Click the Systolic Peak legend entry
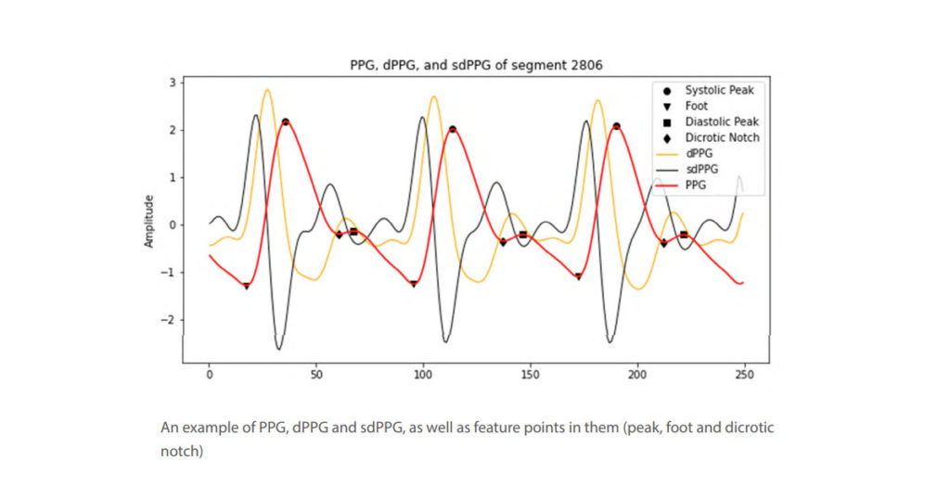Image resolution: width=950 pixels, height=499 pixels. click(x=719, y=90)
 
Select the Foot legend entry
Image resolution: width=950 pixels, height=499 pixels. click(x=696, y=106)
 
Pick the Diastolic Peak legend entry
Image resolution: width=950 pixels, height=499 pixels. click(x=721, y=122)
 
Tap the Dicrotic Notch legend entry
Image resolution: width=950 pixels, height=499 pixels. click(x=722, y=137)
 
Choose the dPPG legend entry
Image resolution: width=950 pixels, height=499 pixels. click(x=699, y=153)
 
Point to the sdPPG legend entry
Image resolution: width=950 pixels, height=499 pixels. click(x=701, y=169)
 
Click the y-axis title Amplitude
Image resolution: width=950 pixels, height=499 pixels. click(x=149, y=221)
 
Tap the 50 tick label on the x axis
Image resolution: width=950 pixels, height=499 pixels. click(x=316, y=375)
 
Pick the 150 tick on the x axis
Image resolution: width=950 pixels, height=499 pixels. click(x=530, y=375)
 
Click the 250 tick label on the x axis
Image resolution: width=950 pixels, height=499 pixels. click(x=744, y=375)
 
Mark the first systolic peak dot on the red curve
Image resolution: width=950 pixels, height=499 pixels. click(x=286, y=122)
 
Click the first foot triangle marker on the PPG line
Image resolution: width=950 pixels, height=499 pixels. click(x=246, y=286)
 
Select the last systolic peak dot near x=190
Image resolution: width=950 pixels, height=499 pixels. click(x=616, y=126)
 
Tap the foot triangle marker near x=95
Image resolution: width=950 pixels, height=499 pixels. click(x=413, y=284)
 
